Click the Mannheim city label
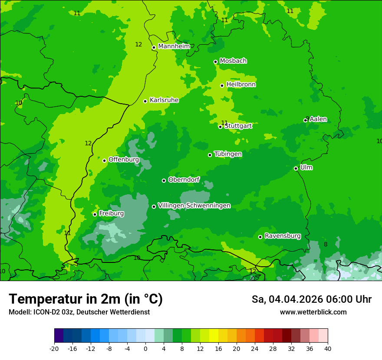(174, 46)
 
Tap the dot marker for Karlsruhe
(145, 101)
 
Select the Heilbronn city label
(241, 85)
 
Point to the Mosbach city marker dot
(215, 62)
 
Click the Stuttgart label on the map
(238, 126)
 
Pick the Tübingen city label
(228, 154)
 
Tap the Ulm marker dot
(296, 168)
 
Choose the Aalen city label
(318, 119)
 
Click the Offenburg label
(124, 160)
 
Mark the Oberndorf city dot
(164, 180)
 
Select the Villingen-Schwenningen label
(194, 206)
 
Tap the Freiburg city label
(111, 213)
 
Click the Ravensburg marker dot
(260, 237)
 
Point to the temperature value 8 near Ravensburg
(326, 245)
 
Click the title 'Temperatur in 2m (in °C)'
(86, 299)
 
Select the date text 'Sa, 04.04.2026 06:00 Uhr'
(311, 299)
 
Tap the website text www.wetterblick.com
(313, 312)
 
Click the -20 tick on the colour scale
(54, 349)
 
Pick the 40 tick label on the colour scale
(327, 349)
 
